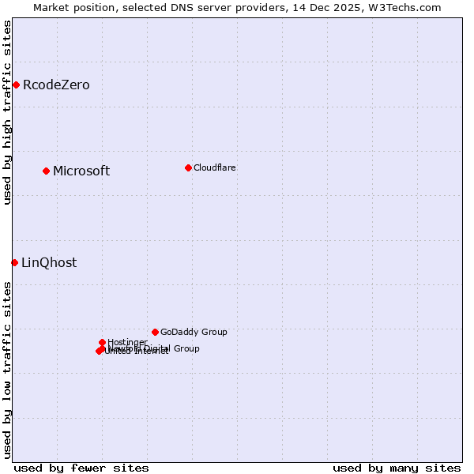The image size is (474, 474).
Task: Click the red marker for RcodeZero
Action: pyautogui.click(x=16, y=85)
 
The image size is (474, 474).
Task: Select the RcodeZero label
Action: pyautogui.click(x=56, y=85)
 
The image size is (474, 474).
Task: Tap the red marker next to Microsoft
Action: pyautogui.click(x=46, y=171)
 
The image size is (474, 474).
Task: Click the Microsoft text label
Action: pyautogui.click(x=81, y=171)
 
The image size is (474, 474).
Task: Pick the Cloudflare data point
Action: pyautogui.click(x=188, y=167)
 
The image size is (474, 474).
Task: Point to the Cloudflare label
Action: pyautogui.click(x=215, y=167)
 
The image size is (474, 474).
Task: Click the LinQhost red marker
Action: pyautogui.click(x=14, y=262)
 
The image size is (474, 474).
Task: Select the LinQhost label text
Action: pyautogui.click(x=49, y=263)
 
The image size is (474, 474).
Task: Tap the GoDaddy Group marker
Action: pyautogui.click(x=155, y=332)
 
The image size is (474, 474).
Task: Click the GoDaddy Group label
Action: pyautogui.click(x=194, y=332)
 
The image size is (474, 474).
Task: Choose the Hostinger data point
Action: pyautogui.click(x=102, y=342)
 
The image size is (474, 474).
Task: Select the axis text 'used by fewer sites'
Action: pyautogui.click(x=81, y=468)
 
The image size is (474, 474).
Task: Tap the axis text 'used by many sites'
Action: pyautogui.click(x=397, y=468)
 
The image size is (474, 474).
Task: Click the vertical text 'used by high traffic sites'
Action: pyautogui.click(x=7, y=112)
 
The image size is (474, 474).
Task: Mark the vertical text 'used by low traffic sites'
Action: pyautogui.click(x=7, y=369)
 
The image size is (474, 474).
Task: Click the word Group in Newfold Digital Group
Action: pyautogui.click(x=186, y=348)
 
